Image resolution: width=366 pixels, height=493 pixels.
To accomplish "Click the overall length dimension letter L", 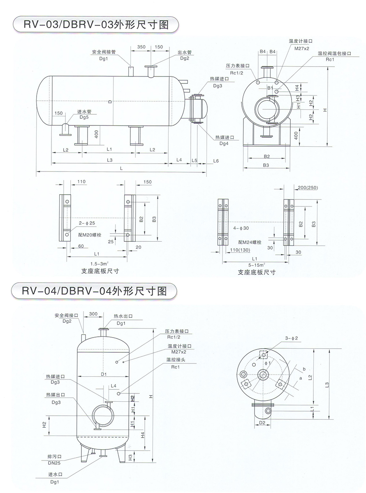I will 121,169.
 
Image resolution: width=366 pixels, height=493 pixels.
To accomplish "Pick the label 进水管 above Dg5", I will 84,111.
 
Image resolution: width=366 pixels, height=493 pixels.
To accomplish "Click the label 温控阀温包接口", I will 335,53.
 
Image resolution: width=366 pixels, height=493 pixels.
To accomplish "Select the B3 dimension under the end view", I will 266,165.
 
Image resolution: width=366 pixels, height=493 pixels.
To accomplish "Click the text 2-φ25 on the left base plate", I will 87,223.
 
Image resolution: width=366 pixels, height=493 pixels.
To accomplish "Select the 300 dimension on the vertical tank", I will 93,314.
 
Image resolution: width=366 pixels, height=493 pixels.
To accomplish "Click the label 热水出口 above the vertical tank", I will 123,317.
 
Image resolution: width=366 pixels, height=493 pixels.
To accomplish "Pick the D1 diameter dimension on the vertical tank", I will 103,374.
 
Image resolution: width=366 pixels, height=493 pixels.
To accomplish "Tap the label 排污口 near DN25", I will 54,456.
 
